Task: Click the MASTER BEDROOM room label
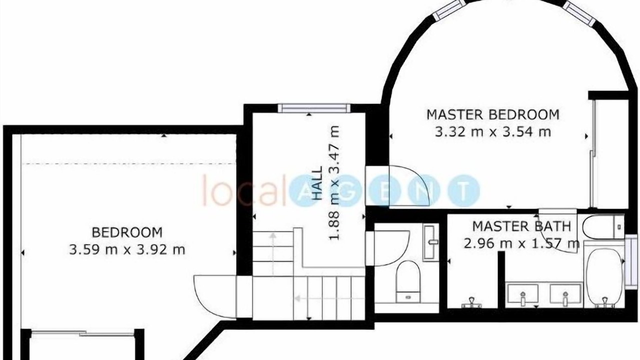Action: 493,114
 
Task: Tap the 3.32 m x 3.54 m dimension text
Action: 493,132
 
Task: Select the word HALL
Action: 317,183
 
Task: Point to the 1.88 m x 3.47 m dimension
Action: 334,183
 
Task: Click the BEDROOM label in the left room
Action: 127,232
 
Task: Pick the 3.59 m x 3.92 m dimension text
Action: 127,250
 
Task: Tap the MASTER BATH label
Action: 521,226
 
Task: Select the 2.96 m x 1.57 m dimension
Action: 521,243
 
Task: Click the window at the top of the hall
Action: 314,108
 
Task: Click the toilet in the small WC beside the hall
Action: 408,281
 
